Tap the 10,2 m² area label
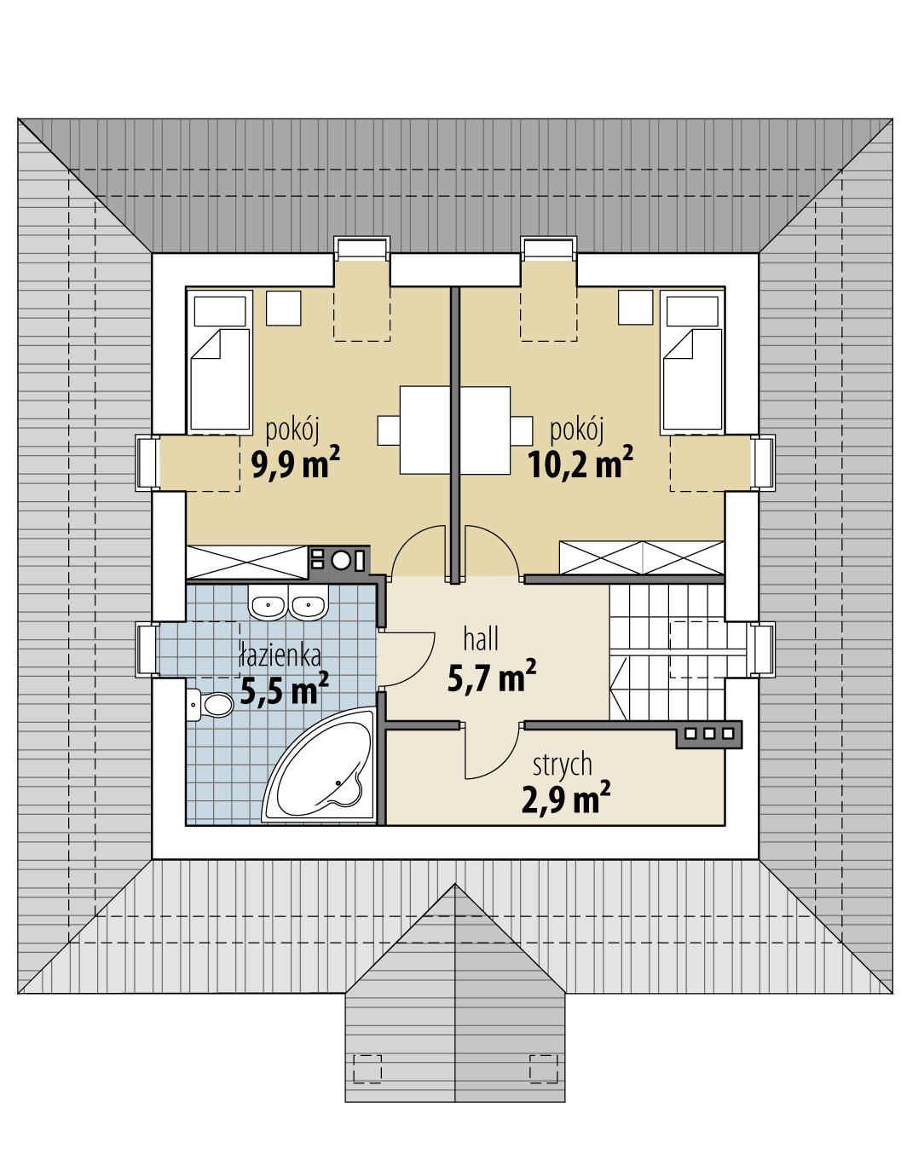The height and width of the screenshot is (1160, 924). click(x=580, y=465)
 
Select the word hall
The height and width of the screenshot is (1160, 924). click(x=481, y=638)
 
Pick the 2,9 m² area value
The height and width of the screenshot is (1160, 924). click(x=565, y=800)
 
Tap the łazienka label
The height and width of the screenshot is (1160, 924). click(x=280, y=655)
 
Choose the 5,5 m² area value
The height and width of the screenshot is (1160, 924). click(x=284, y=691)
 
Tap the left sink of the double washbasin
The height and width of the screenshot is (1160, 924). click(x=268, y=606)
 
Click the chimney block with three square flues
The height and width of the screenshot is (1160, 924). click(x=709, y=733)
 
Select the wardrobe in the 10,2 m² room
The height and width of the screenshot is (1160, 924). click(x=641, y=558)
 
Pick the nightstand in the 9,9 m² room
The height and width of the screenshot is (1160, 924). click(x=284, y=308)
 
